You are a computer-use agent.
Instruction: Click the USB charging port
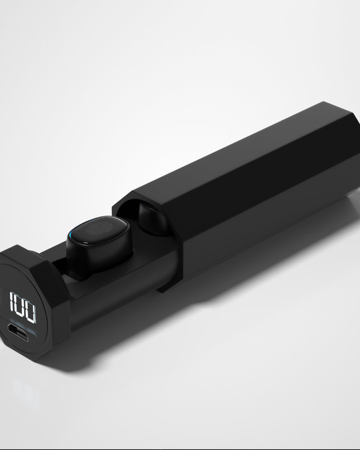(18, 332)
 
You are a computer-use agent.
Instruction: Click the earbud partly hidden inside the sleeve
(152, 218)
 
